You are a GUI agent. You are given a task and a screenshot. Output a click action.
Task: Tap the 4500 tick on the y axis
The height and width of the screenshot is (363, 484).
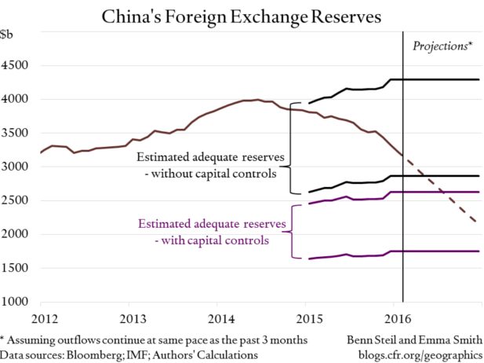(16, 65)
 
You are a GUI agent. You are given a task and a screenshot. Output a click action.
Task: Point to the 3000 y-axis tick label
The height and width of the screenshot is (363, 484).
(16, 167)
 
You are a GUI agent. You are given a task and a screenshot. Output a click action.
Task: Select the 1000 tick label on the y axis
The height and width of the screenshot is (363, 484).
(16, 302)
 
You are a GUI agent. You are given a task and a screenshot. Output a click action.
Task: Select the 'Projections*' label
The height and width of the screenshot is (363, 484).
(442, 46)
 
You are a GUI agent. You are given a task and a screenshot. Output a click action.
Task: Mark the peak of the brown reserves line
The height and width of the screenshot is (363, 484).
(257, 100)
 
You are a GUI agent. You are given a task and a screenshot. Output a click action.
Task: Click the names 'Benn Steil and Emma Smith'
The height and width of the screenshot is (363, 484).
(413, 339)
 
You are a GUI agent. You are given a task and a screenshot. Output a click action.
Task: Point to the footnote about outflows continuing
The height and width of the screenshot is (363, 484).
(153, 339)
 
